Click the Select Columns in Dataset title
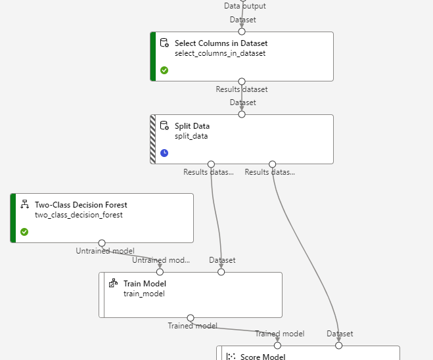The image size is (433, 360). point(221,43)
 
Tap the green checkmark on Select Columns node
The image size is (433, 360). point(164,70)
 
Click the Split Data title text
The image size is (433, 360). point(192,126)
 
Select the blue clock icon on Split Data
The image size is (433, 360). point(164,153)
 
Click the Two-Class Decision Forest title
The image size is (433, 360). point(81,205)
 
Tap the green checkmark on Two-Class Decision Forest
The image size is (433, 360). point(24,232)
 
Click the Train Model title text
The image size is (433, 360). point(145,284)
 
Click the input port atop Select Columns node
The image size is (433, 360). point(242,32)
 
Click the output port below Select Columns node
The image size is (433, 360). point(242,81)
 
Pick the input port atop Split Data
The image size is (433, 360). point(242,114)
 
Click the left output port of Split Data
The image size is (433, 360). point(211,164)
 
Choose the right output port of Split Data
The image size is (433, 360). point(273,164)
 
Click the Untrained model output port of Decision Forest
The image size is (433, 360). point(102,243)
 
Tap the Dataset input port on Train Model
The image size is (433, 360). point(221,272)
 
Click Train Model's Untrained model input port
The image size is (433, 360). point(160,272)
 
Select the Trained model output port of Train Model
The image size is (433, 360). point(191,318)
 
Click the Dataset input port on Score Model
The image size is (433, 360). point(339,346)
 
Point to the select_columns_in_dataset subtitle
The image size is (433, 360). point(219,54)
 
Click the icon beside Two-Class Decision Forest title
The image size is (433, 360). point(24,205)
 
